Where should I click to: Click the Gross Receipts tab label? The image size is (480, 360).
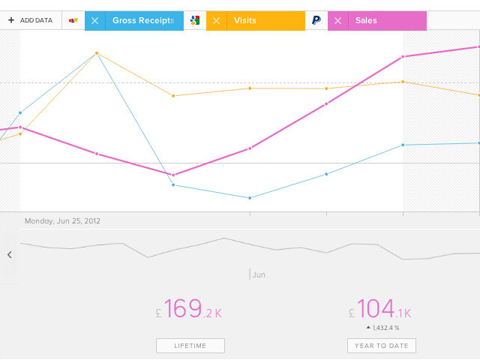point(143,21)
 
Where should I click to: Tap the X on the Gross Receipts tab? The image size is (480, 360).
point(94,21)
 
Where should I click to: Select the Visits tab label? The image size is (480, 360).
point(244,21)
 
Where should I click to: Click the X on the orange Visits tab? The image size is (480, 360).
point(216,21)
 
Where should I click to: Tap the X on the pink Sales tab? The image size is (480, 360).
point(337,21)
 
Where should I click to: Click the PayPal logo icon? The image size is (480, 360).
point(316,21)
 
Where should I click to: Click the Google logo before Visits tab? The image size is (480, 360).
point(195,21)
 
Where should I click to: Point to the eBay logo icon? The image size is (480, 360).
point(73,21)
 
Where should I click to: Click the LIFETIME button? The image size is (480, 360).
point(190,346)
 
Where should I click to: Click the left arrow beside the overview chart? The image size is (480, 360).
point(10,255)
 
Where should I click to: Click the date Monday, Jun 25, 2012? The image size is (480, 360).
point(62,221)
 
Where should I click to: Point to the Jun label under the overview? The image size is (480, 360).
point(259,275)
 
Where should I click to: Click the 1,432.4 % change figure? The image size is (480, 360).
point(384,328)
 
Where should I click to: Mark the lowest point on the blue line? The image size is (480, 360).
point(250,198)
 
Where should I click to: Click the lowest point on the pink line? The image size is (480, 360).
point(173,175)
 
